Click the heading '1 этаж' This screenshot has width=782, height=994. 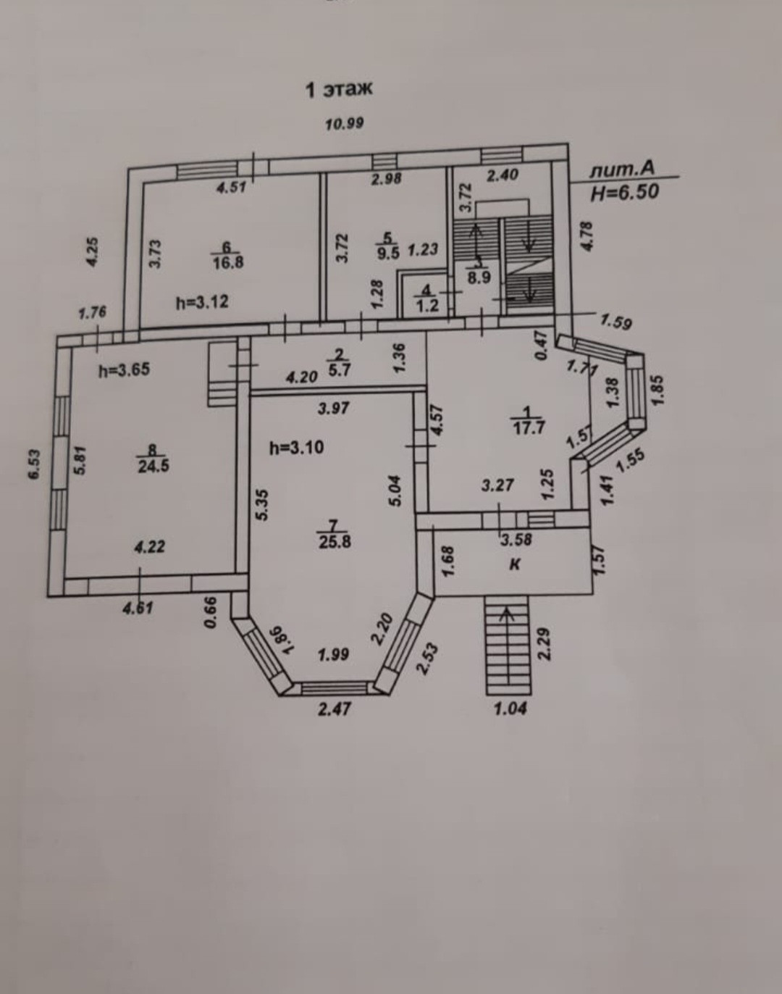338,90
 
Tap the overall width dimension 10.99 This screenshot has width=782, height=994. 344,123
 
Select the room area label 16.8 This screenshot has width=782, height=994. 227,263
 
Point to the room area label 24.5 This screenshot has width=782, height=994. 153,466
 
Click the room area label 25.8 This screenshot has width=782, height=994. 335,540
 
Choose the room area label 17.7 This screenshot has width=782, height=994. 528,427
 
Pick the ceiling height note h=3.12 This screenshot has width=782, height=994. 202,302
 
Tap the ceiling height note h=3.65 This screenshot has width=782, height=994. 124,370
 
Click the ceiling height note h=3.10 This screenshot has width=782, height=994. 296,448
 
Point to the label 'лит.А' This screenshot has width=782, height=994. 622,170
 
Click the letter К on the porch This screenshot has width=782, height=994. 515,564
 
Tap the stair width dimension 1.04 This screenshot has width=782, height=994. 510,709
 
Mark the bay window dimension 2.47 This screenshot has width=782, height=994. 335,708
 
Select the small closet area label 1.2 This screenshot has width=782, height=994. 427,305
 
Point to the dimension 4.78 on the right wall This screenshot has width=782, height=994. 587,236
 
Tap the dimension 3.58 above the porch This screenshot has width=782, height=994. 516,539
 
